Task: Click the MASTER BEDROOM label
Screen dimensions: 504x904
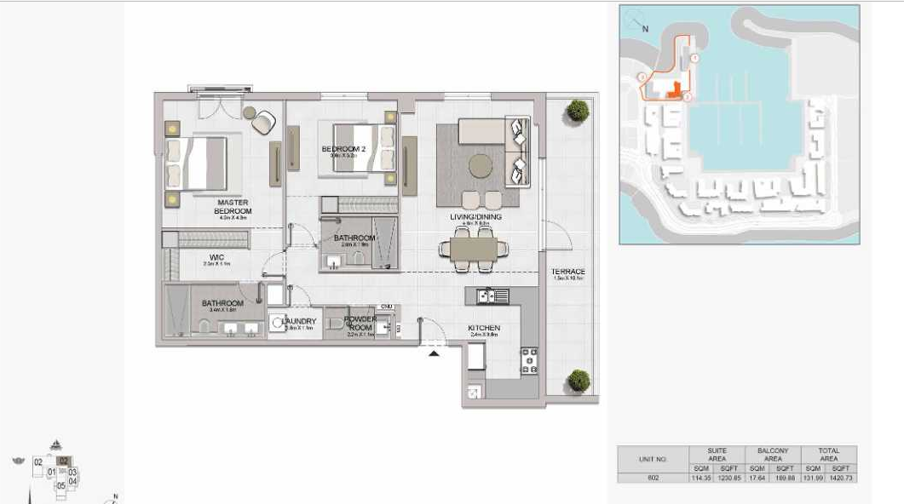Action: coord(233,207)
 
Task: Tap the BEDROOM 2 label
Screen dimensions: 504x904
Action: coord(343,150)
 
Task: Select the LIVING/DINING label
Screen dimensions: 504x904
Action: coord(475,217)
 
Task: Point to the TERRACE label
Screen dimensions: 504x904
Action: coord(568,272)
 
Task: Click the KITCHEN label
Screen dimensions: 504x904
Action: coord(483,329)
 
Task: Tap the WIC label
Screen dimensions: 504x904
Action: coord(216,257)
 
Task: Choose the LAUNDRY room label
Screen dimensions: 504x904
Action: coord(299,322)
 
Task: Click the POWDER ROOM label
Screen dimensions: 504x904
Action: coord(360,324)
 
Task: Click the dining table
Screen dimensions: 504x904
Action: coord(474,249)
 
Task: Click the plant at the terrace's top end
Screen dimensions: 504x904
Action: coord(579,110)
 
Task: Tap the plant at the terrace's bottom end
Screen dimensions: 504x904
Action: coord(579,381)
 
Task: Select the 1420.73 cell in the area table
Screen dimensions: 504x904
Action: coord(841,478)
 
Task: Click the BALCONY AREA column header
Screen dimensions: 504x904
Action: coord(773,455)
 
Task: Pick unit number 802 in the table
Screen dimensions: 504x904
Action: coord(653,478)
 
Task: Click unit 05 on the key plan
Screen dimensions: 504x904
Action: coord(61,485)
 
